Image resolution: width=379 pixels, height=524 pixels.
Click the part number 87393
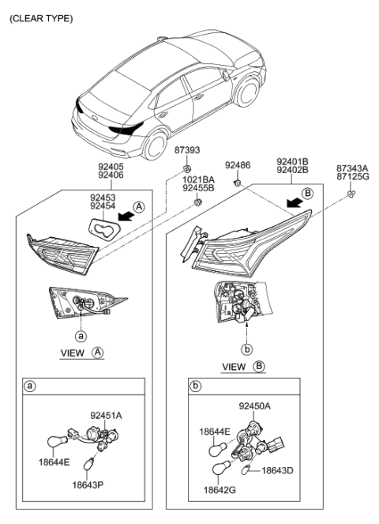[x=186, y=150]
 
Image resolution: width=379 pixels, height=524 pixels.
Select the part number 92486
[x=238, y=165]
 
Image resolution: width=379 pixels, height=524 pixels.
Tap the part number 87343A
[x=351, y=168]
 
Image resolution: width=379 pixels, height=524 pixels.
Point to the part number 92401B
[x=292, y=160]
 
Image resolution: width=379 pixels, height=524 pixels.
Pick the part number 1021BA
[x=198, y=179]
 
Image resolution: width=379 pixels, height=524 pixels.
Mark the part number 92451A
[x=106, y=414]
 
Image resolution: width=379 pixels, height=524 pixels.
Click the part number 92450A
[x=255, y=406]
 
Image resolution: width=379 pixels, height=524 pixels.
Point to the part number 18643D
[x=277, y=470]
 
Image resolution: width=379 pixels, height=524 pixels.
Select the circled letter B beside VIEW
[x=260, y=366]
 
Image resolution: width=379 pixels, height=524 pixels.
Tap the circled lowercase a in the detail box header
[x=30, y=386]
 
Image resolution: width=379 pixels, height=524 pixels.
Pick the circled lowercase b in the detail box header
[x=195, y=387]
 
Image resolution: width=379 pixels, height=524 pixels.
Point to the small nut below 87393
[x=187, y=169]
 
